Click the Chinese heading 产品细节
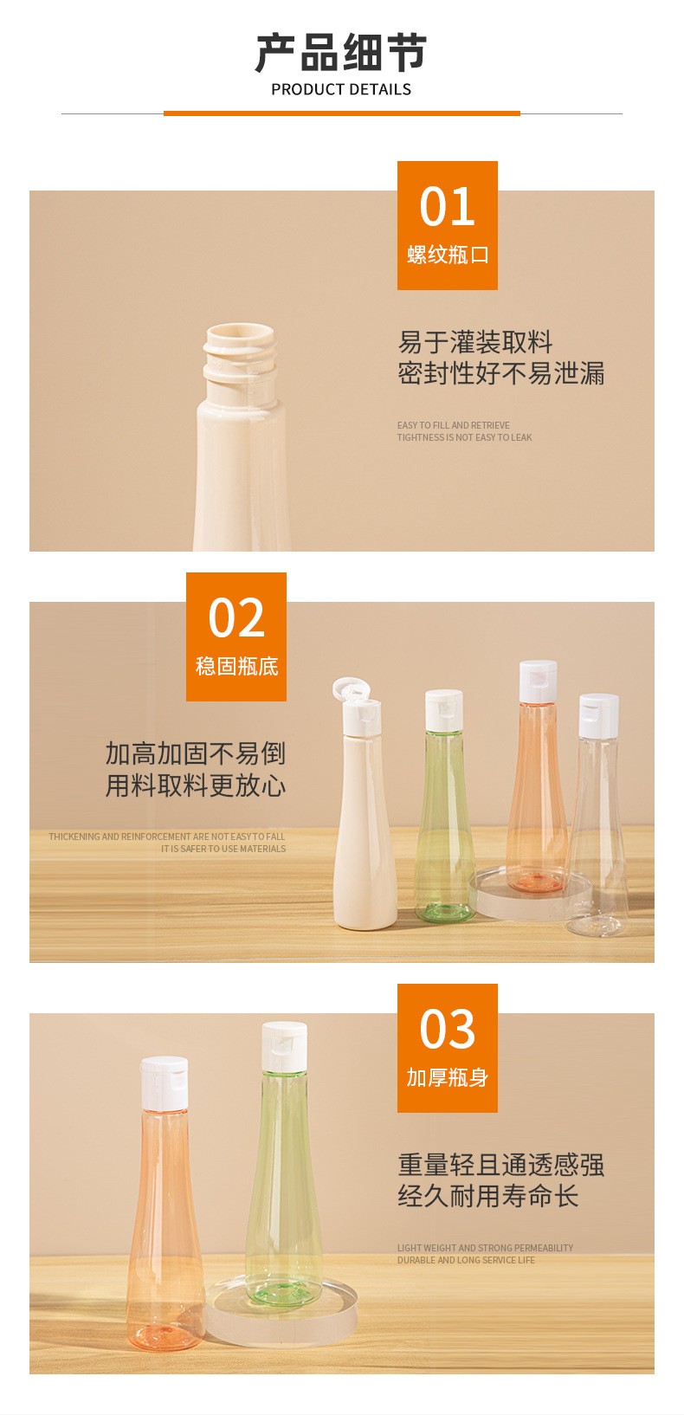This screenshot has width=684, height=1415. tap(341, 53)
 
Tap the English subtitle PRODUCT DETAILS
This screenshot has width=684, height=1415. tap(341, 90)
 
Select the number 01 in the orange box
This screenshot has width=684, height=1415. tap(447, 207)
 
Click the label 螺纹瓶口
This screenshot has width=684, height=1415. tap(448, 255)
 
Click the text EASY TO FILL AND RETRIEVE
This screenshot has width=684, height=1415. tap(454, 425)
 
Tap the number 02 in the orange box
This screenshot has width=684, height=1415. tap(236, 617)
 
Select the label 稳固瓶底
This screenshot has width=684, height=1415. tap(236, 667)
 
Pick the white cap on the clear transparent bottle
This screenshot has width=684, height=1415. tap(599, 715)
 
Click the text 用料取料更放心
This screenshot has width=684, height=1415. tap(196, 785)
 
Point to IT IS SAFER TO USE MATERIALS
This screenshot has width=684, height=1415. tap(223, 849)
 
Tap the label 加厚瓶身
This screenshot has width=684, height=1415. tap(447, 1077)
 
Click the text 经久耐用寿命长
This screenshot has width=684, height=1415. tap(487, 1196)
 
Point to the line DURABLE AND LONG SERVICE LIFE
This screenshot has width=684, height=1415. tap(466, 1260)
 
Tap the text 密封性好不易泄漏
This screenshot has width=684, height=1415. tap(500, 373)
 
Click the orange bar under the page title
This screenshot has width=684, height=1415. tap(342, 113)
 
